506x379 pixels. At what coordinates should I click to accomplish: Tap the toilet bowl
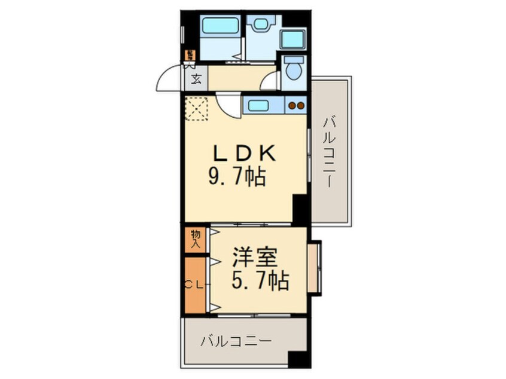click(x=293, y=68)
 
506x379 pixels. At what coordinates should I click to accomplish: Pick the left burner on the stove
click(x=292, y=106)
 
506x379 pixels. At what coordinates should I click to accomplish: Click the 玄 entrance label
click(x=197, y=78)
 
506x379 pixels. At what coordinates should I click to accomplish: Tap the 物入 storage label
click(x=195, y=239)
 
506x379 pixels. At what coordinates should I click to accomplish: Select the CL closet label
click(x=195, y=285)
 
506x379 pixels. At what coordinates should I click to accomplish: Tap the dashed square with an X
click(x=196, y=108)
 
